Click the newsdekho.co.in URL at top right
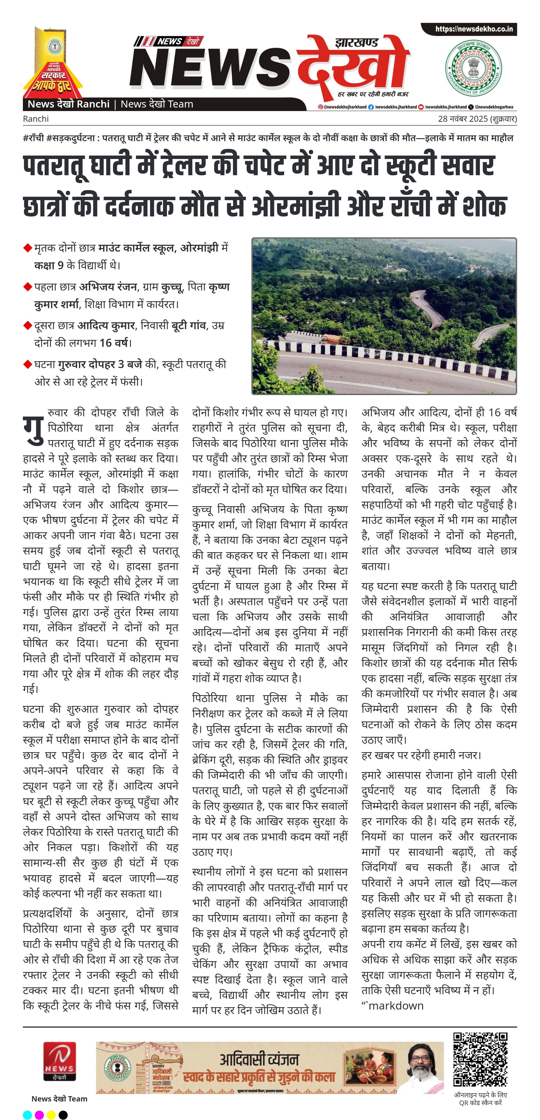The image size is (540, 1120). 474,29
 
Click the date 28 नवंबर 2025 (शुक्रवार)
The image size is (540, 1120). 477,119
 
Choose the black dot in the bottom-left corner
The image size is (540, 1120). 63,1114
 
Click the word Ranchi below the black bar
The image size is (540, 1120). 36,119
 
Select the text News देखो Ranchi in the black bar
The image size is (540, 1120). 68,104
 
